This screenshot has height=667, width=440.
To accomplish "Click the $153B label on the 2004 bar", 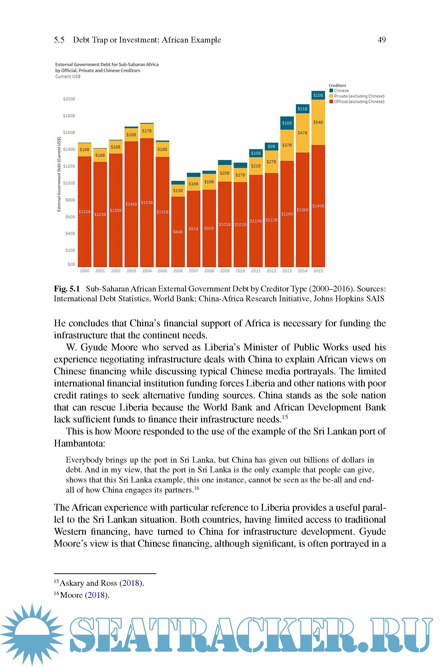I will pos(147,203).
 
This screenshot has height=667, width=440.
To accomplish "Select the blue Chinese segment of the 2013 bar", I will pos(287,123).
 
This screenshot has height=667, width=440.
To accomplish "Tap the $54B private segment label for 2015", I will pos(318,122).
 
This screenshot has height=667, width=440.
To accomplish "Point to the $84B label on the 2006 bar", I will pos(178,232).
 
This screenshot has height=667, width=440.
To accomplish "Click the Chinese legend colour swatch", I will pos(331,91).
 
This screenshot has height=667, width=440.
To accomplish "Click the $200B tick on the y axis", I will pos(69,99).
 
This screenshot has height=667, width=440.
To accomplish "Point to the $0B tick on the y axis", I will pos(71,264).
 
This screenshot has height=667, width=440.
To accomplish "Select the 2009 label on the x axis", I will pos(225,271).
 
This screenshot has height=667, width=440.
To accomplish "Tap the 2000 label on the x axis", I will pos(84,271).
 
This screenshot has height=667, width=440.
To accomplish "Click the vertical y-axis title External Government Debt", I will pos(59,174).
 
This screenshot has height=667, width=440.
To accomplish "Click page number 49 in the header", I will pos(382,40).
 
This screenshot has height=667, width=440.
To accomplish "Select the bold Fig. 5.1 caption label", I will pos(67,289).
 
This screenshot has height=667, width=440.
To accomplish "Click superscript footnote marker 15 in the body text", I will pos(285,417).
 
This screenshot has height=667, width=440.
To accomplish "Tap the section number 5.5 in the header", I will pos(59,40).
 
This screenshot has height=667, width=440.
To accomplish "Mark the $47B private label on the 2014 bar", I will pos(303,133).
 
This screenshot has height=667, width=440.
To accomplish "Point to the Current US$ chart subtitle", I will pos(68,77).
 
